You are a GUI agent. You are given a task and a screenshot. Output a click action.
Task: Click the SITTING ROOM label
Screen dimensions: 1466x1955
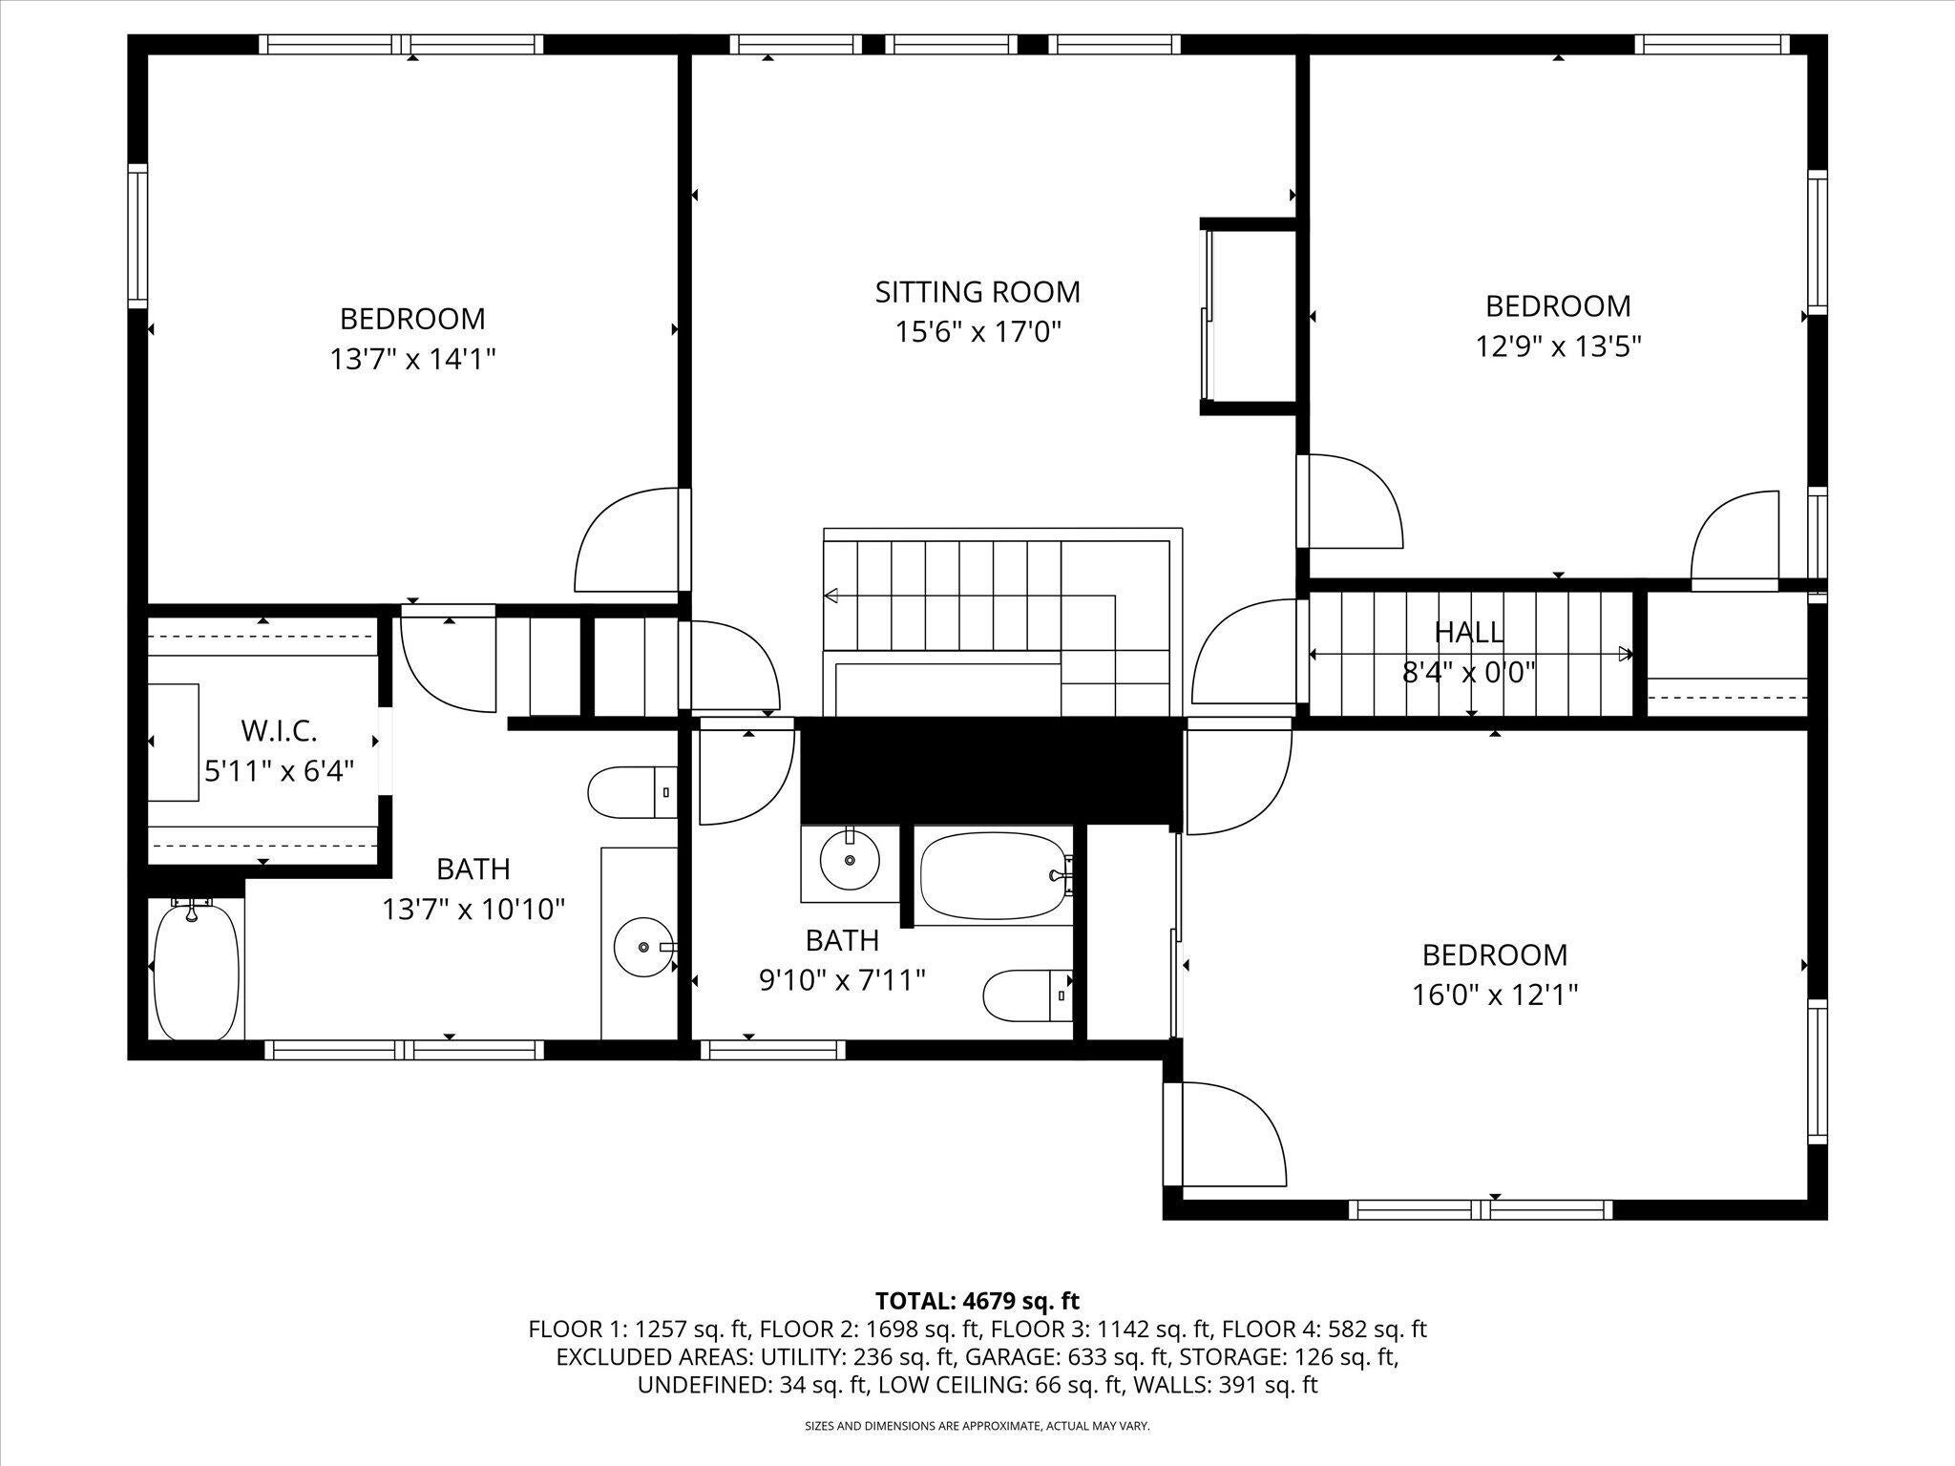(x=977, y=291)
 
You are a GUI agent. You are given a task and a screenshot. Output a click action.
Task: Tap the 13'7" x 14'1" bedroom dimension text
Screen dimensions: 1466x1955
(x=412, y=359)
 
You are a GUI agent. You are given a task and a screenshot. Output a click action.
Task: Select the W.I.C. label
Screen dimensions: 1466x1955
(x=279, y=731)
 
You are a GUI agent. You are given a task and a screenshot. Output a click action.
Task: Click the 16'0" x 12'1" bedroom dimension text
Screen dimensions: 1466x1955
(x=1494, y=995)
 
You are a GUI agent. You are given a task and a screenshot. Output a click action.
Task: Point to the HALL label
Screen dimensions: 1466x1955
(x=1468, y=632)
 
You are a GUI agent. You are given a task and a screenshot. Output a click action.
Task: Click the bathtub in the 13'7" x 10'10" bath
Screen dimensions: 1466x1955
(x=196, y=969)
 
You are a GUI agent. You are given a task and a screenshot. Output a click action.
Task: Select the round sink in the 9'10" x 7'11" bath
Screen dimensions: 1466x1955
(x=850, y=859)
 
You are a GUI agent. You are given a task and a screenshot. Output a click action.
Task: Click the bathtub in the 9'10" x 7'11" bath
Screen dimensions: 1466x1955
(x=993, y=875)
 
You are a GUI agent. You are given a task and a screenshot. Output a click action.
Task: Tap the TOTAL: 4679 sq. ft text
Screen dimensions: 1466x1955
(x=977, y=1301)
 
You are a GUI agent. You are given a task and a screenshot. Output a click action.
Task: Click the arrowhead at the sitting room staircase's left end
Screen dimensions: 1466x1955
(x=830, y=597)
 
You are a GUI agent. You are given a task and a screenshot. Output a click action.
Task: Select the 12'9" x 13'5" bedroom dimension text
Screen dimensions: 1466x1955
(x=1558, y=346)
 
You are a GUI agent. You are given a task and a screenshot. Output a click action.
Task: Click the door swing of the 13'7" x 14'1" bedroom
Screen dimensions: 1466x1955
(x=625, y=539)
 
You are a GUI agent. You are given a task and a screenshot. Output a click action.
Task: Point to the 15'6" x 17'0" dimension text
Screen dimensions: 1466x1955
(x=977, y=332)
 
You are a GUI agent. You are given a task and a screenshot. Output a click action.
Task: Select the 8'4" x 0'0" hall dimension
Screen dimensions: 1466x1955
(x=1468, y=673)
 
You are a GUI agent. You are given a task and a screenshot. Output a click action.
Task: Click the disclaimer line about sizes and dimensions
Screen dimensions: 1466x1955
(x=977, y=1426)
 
